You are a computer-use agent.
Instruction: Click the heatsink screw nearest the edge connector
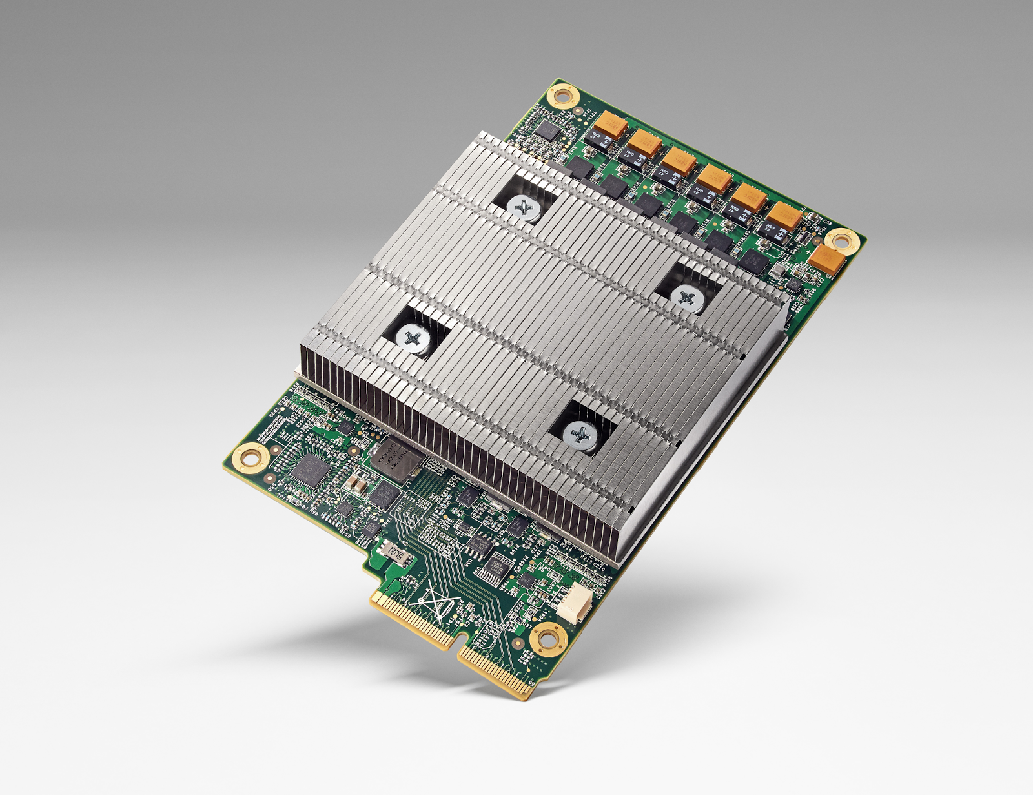pos(580,436)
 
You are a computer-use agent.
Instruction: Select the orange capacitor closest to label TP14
pos(610,125)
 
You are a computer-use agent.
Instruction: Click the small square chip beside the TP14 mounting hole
pos(548,130)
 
